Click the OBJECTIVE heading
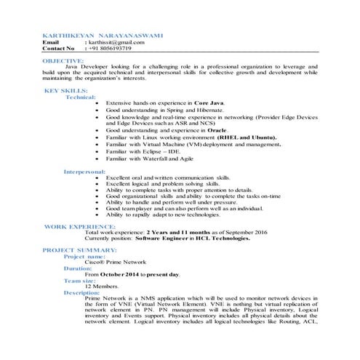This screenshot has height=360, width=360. point(63,61)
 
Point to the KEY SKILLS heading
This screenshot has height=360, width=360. point(66,91)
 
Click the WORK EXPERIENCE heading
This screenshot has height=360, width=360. point(80,227)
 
